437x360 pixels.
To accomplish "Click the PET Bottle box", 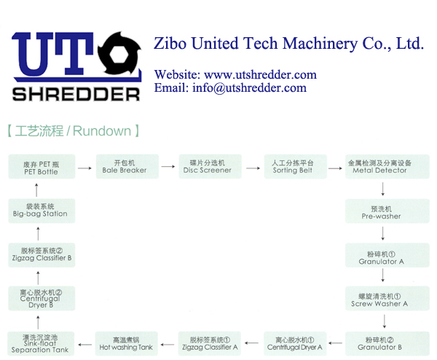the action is click(x=41, y=168).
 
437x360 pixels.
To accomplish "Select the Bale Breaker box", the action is click(x=125, y=166).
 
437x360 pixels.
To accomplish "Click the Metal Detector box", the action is click(x=379, y=166).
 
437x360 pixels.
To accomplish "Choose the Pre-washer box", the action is click(x=381, y=212).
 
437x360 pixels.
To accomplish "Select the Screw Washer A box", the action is click(x=381, y=300).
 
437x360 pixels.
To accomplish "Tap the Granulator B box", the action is click(x=381, y=343).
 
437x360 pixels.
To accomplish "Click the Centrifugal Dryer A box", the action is click(x=294, y=343).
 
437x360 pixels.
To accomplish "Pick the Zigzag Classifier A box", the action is click(x=210, y=343).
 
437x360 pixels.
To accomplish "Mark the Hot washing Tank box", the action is click(x=126, y=343).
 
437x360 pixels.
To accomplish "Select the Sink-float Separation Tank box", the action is click(x=41, y=343).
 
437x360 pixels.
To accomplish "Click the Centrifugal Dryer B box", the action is click(x=41, y=299).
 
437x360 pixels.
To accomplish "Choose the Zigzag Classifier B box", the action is click(x=41, y=254).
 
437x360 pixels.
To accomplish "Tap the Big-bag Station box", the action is click(x=41, y=210).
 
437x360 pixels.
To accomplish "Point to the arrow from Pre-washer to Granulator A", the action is click(x=382, y=233).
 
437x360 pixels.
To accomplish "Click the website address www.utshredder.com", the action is click(x=260, y=74).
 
